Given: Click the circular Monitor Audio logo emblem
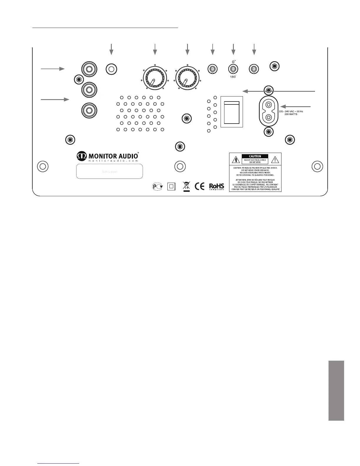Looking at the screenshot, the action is [x=82, y=155].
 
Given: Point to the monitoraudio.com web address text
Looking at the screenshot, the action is [x=113, y=161].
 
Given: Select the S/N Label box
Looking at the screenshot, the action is [x=109, y=171].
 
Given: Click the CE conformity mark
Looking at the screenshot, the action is [x=200, y=186].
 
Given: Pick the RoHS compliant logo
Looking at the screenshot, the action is [x=216, y=187].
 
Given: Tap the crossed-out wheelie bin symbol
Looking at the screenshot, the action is [x=186, y=186].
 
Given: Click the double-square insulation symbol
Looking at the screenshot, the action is [x=171, y=186].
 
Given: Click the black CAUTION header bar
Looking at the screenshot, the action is [x=255, y=156].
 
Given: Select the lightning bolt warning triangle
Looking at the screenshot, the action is [x=236, y=160].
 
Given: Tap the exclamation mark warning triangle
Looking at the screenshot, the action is [x=275, y=160].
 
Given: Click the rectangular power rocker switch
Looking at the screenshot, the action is [x=232, y=112].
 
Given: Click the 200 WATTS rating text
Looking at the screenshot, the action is [x=291, y=114].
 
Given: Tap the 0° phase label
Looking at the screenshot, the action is [x=234, y=62].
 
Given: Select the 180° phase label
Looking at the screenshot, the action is [x=233, y=76].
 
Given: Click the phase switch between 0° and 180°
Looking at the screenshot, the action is [x=233, y=69].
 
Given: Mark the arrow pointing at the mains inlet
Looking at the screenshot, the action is [x=296, y=106].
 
